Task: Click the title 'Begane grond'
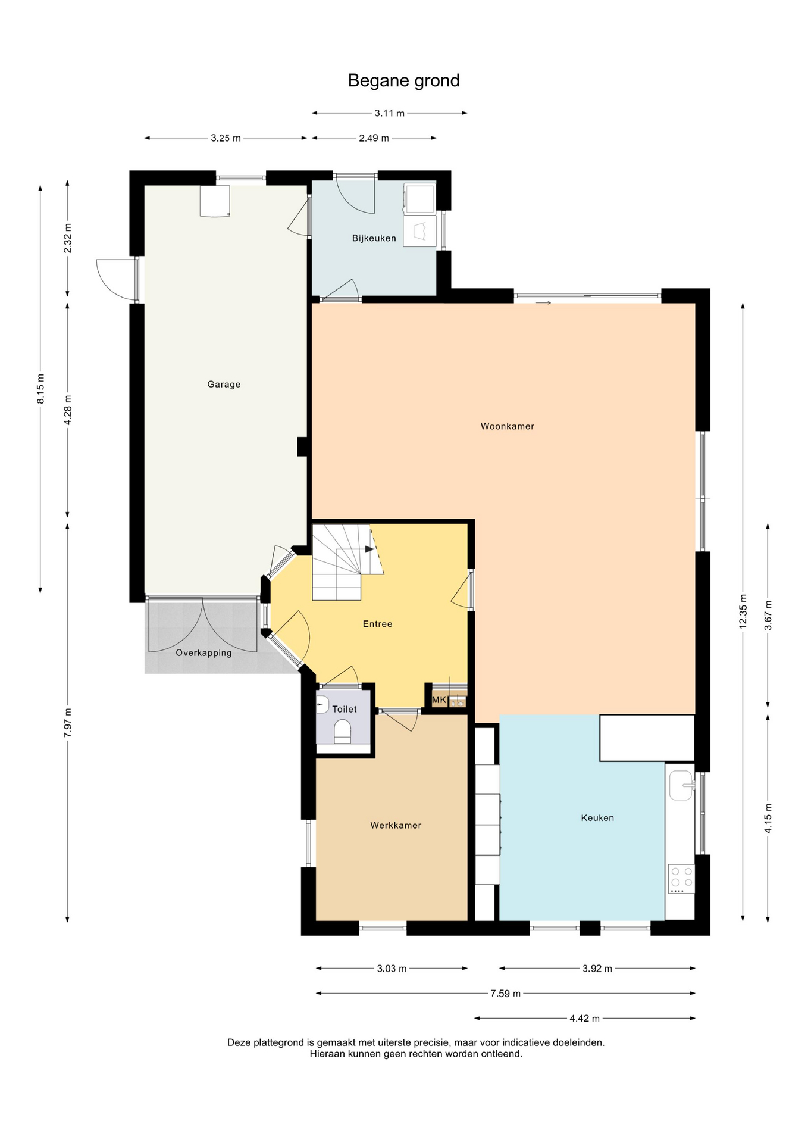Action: (x=403, y=80)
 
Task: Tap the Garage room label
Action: (x=224, y=385)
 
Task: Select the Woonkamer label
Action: (x=507, y=426)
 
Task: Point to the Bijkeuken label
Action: (x=374, y=238)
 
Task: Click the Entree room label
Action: (x=377, y=624)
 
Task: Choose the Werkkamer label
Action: (x=396, y=825)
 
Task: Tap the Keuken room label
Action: (x=597, y=818)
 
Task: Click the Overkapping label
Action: (x=203, y=653)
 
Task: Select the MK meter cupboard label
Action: (x=439, y=700)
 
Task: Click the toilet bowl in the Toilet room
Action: (x=342, y=732)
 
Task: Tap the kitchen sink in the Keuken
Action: (x=681, y=785)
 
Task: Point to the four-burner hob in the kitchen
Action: (x=681, y=879)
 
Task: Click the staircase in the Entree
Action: (x=347, y=563)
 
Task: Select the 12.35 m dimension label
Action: (x=743, y=611)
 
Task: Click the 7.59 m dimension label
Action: (x=505, y=993)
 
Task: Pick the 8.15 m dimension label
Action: (x=40, y=389)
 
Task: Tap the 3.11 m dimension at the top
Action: (x=389, y=113)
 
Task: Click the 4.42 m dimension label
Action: (x=584, y=1018)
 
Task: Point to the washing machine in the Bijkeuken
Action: (x=419, y=198)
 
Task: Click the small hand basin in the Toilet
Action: (x=322, y=705)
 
